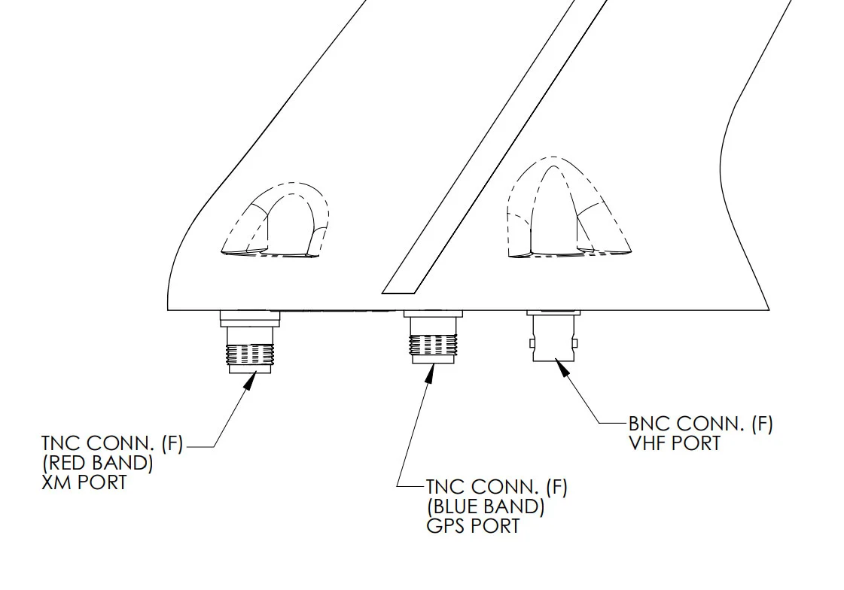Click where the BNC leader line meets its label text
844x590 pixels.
[x=628, y=423]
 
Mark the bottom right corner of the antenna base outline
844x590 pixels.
[x=769, y=310]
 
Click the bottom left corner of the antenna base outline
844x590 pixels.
[x=167, y=310]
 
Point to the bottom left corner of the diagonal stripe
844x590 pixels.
[x=382, y=293]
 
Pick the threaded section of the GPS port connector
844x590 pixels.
[x=434, y=344]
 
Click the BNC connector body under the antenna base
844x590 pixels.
[x=555, y=338]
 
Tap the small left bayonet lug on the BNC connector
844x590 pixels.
[x=532, y=343]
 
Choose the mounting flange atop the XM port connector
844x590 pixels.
[x=250, y=318]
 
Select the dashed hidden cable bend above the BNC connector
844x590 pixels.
[x=569, y=207]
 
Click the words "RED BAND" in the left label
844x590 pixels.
[x=97, y=463]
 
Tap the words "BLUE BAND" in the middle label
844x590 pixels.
[x=486, y=506]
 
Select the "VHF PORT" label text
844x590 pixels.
[x=675, y=443]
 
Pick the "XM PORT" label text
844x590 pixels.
[x=84, y=482]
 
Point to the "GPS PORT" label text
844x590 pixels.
[x=473, y=526]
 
